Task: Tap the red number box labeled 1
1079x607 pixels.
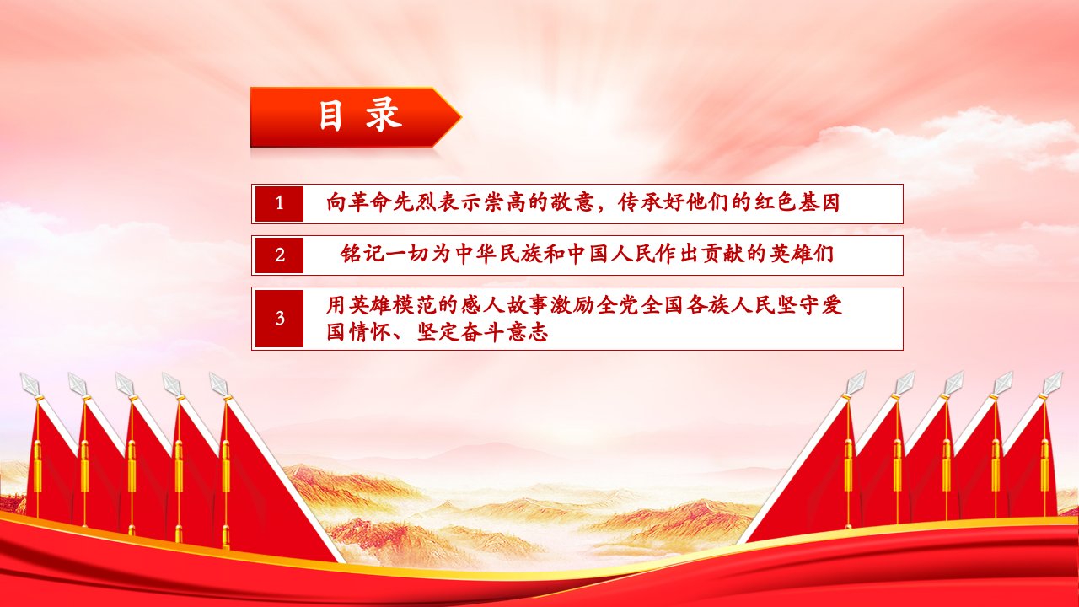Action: (x=279, y=204)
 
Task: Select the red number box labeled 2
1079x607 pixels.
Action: (x=279, y=255)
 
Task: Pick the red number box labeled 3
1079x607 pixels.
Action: (x=279, y=319)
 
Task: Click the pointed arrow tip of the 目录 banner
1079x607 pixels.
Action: (x=461, y=116)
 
